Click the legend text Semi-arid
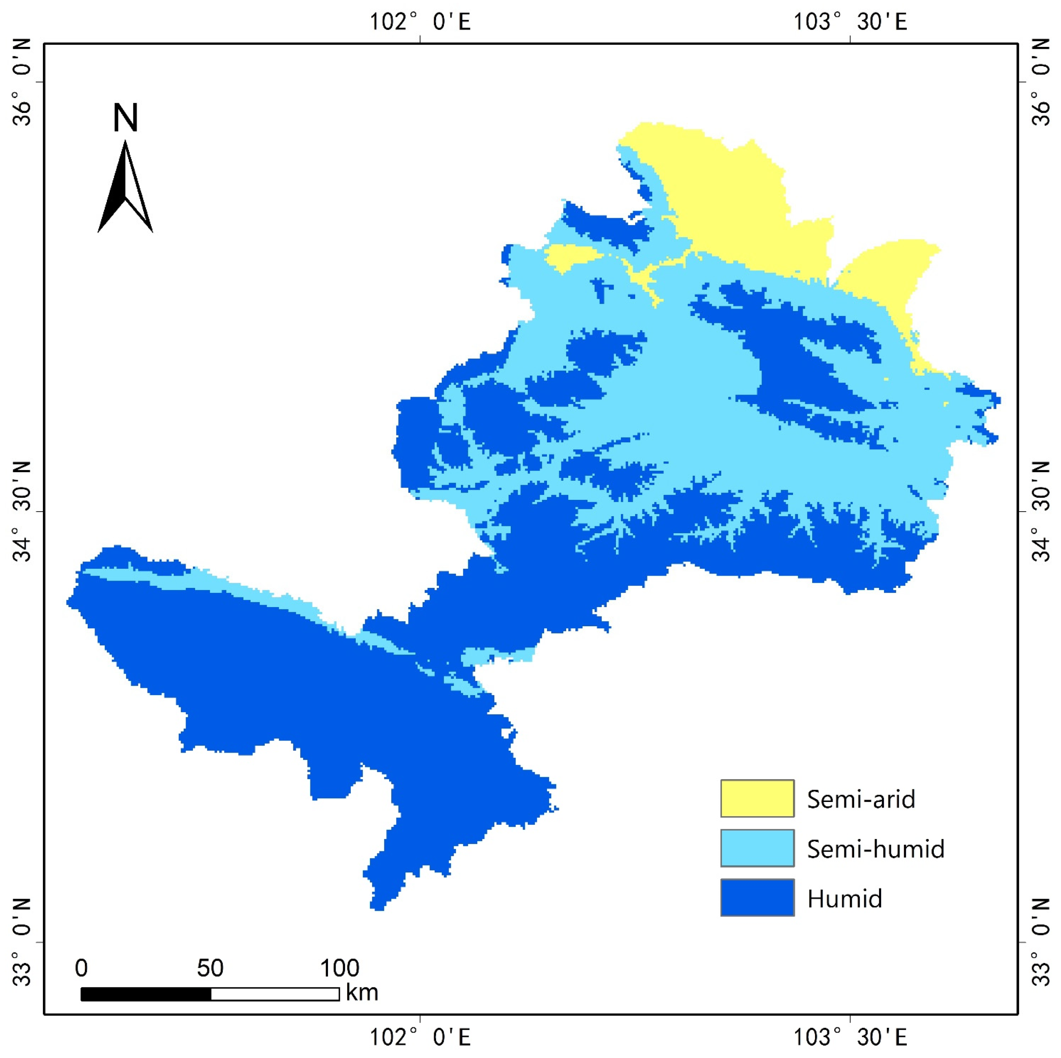[x=861, y=799]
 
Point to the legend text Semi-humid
[x=875, y=849]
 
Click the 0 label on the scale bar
[x=81, y=968]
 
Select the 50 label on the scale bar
[x=210, y=968]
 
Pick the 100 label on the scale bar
[x=339, y=968]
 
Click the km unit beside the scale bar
[x=362, y=992]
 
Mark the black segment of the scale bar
[x=146, y=994]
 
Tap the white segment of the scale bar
[x=275, y=994]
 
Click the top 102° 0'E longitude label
[x=420, y=22]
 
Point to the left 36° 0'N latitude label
[x=22, y=82]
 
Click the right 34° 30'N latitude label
[x=1039, y=511]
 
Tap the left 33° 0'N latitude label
[x=22, y=942]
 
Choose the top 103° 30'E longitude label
[x=850, y=22]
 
